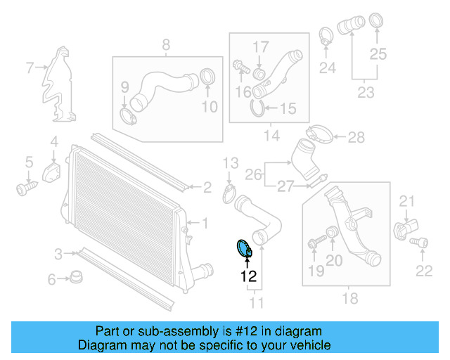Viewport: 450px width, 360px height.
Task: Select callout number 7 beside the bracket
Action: coord(30,68)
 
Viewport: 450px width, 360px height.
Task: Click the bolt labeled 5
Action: coord(26,188)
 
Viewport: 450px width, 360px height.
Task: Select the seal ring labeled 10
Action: coord(208,78)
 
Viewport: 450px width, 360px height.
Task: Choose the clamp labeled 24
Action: coord(326,35)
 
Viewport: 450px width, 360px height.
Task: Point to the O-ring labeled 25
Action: coord(376,22)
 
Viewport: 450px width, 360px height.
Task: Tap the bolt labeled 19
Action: coord(314,244)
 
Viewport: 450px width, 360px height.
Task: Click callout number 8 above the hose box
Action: coord(166,46)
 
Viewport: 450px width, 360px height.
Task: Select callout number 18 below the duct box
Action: coord(349,299)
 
